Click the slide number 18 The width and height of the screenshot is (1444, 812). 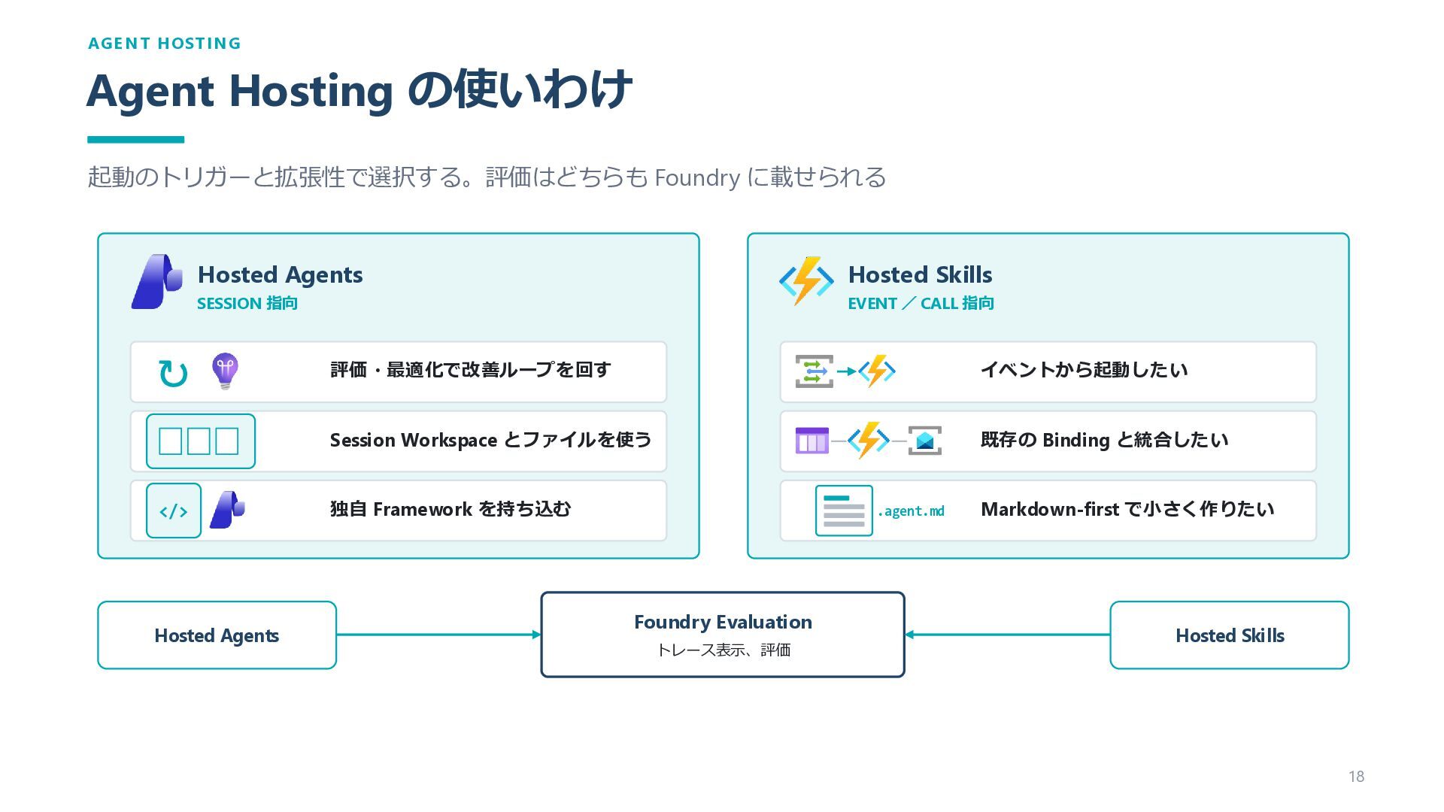tap(1356, 777)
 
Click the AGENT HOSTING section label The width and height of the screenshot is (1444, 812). tap(165, 44)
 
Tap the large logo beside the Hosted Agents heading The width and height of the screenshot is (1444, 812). tap(157, 282)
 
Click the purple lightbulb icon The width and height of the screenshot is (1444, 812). tap(225, 371)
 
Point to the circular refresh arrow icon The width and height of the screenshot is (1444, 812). tap(173, 373)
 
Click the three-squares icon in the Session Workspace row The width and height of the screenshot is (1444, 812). tap(200, 441)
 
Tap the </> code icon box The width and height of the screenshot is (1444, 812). tap(174, 511)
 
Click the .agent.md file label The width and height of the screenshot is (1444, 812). tap(911, 511)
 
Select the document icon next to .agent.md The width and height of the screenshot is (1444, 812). tap(844, 511)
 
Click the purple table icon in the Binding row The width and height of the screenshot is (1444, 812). tap(812, 441)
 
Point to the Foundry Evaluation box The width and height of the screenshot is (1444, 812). tap(723, 635)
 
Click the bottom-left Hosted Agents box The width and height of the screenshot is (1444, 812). tap(217, 635)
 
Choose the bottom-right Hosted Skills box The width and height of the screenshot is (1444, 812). tap(1230, 635)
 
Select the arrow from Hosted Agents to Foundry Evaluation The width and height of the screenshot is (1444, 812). tap(438, 635)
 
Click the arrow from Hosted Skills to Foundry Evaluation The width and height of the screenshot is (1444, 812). tap(1007, 635)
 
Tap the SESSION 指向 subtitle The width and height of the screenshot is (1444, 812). tap(247, 304)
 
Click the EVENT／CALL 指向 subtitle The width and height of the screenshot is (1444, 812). tap(921, 304)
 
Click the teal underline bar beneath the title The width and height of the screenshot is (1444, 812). tap(136, 140)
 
